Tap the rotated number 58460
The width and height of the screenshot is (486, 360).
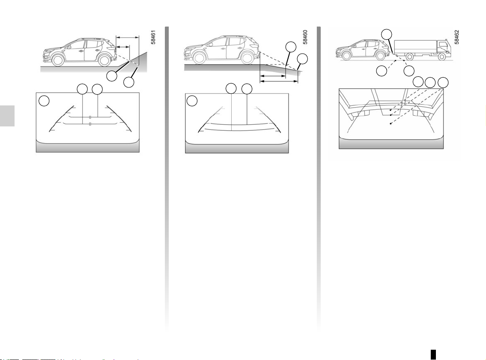click(x=305, y=37)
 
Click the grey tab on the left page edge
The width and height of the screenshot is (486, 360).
click(x=7, y=116)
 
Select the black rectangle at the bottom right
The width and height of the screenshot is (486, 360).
click(x=433, y=354)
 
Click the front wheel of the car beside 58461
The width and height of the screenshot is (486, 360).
click(x=58, y=59)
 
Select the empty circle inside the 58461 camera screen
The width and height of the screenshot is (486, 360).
click(x=44, y=101)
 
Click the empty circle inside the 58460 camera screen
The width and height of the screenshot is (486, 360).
click(x=192, y=101)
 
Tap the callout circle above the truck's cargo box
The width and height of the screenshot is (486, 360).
click(x=386, y=34)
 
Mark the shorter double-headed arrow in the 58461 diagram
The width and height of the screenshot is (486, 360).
click(x=123, y=47)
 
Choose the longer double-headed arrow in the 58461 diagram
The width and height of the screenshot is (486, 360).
click(x=128, y=37)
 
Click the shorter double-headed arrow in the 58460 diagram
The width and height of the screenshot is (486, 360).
click(x=272, y=75)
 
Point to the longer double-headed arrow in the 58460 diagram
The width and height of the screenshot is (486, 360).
click(x=279, y=81)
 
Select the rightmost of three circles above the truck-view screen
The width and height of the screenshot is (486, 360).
click(x=443, y=83)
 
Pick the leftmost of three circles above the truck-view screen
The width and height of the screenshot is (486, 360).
click(x=418, y=82)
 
